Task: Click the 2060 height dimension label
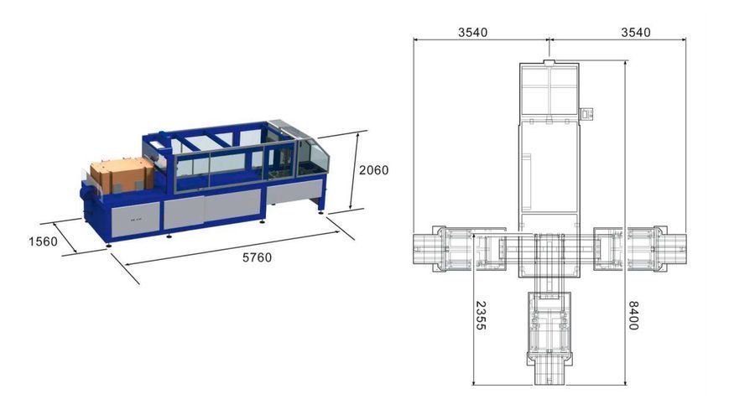click(373, 170)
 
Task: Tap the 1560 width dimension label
click(44, 241)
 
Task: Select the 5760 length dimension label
click(257, 257)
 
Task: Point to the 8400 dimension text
click(633, 315)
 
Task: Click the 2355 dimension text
click(481, 315)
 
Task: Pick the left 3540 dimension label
click(473, 33)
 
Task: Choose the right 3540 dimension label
click(636, 33)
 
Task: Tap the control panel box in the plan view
click(588, 113)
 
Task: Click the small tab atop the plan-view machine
click(549, 63)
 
